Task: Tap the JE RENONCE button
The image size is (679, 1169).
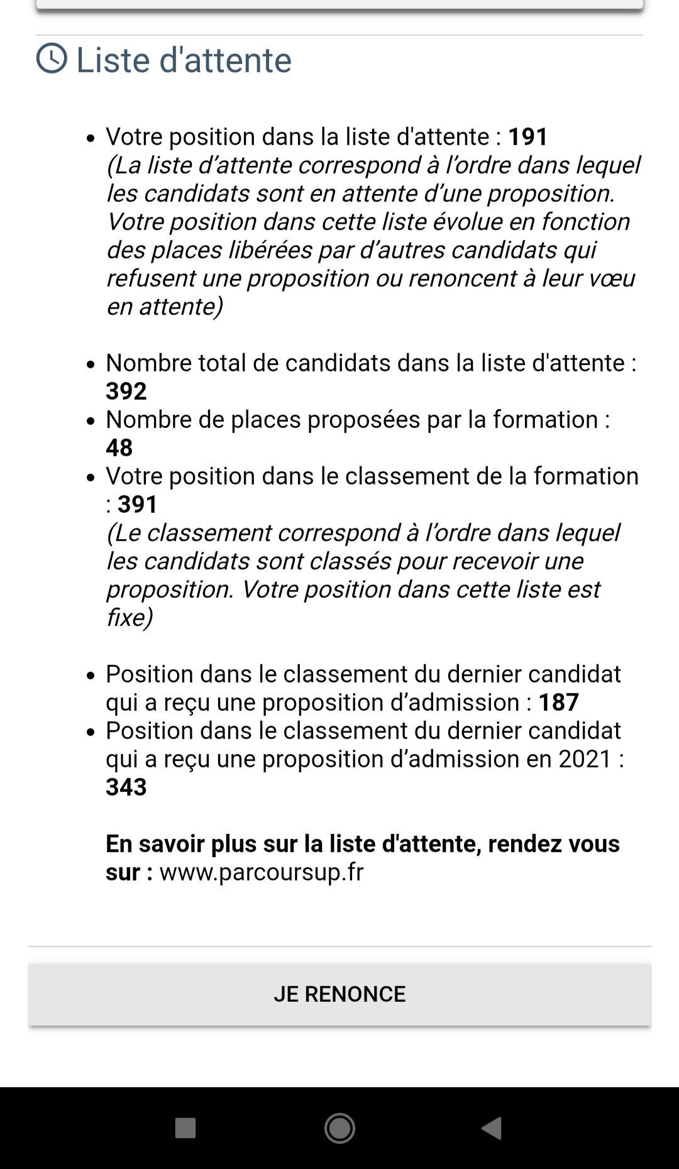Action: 339,994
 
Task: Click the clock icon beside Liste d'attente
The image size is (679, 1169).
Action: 52,58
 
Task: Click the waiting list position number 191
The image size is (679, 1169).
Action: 528,136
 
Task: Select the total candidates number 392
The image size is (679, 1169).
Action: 126,391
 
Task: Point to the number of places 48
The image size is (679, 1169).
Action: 119,447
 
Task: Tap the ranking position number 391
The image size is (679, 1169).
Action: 138,504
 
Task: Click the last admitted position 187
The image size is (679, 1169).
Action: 558,702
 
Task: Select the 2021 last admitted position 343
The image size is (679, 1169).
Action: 126,787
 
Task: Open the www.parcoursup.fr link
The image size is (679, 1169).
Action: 262,872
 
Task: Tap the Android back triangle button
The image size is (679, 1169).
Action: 492,1128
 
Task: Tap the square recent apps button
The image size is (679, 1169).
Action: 185,1128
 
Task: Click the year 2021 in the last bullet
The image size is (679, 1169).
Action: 585,759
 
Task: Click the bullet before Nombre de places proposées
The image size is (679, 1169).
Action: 92,420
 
